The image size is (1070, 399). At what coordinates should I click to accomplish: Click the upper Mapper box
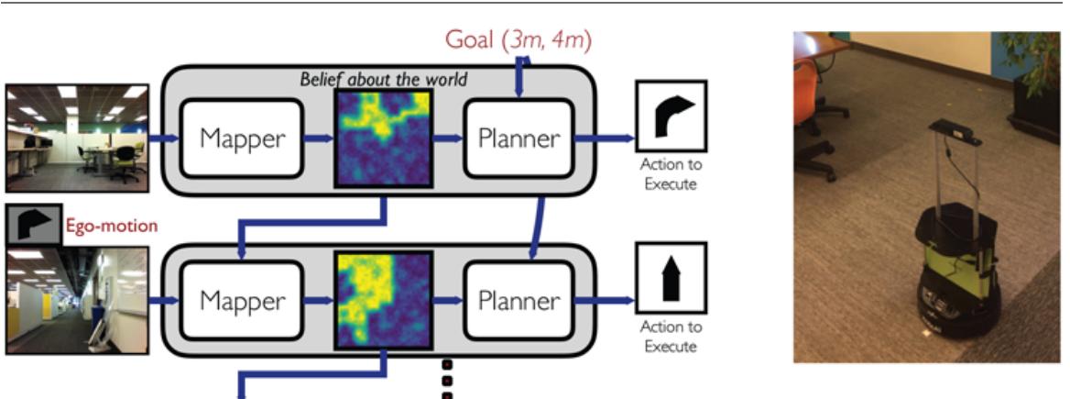(242, 139)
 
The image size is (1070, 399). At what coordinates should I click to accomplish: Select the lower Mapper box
(242, 300)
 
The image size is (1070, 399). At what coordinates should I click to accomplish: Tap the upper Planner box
(519, 139)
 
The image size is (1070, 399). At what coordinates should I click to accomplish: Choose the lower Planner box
(519, 300)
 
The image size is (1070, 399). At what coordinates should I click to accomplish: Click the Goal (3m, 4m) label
(518, 39)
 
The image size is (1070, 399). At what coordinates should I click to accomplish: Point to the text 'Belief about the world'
(384, 79)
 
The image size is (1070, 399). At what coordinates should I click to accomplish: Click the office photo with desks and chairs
(76, 138)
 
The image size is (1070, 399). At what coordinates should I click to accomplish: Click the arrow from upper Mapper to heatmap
(317, 139)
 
